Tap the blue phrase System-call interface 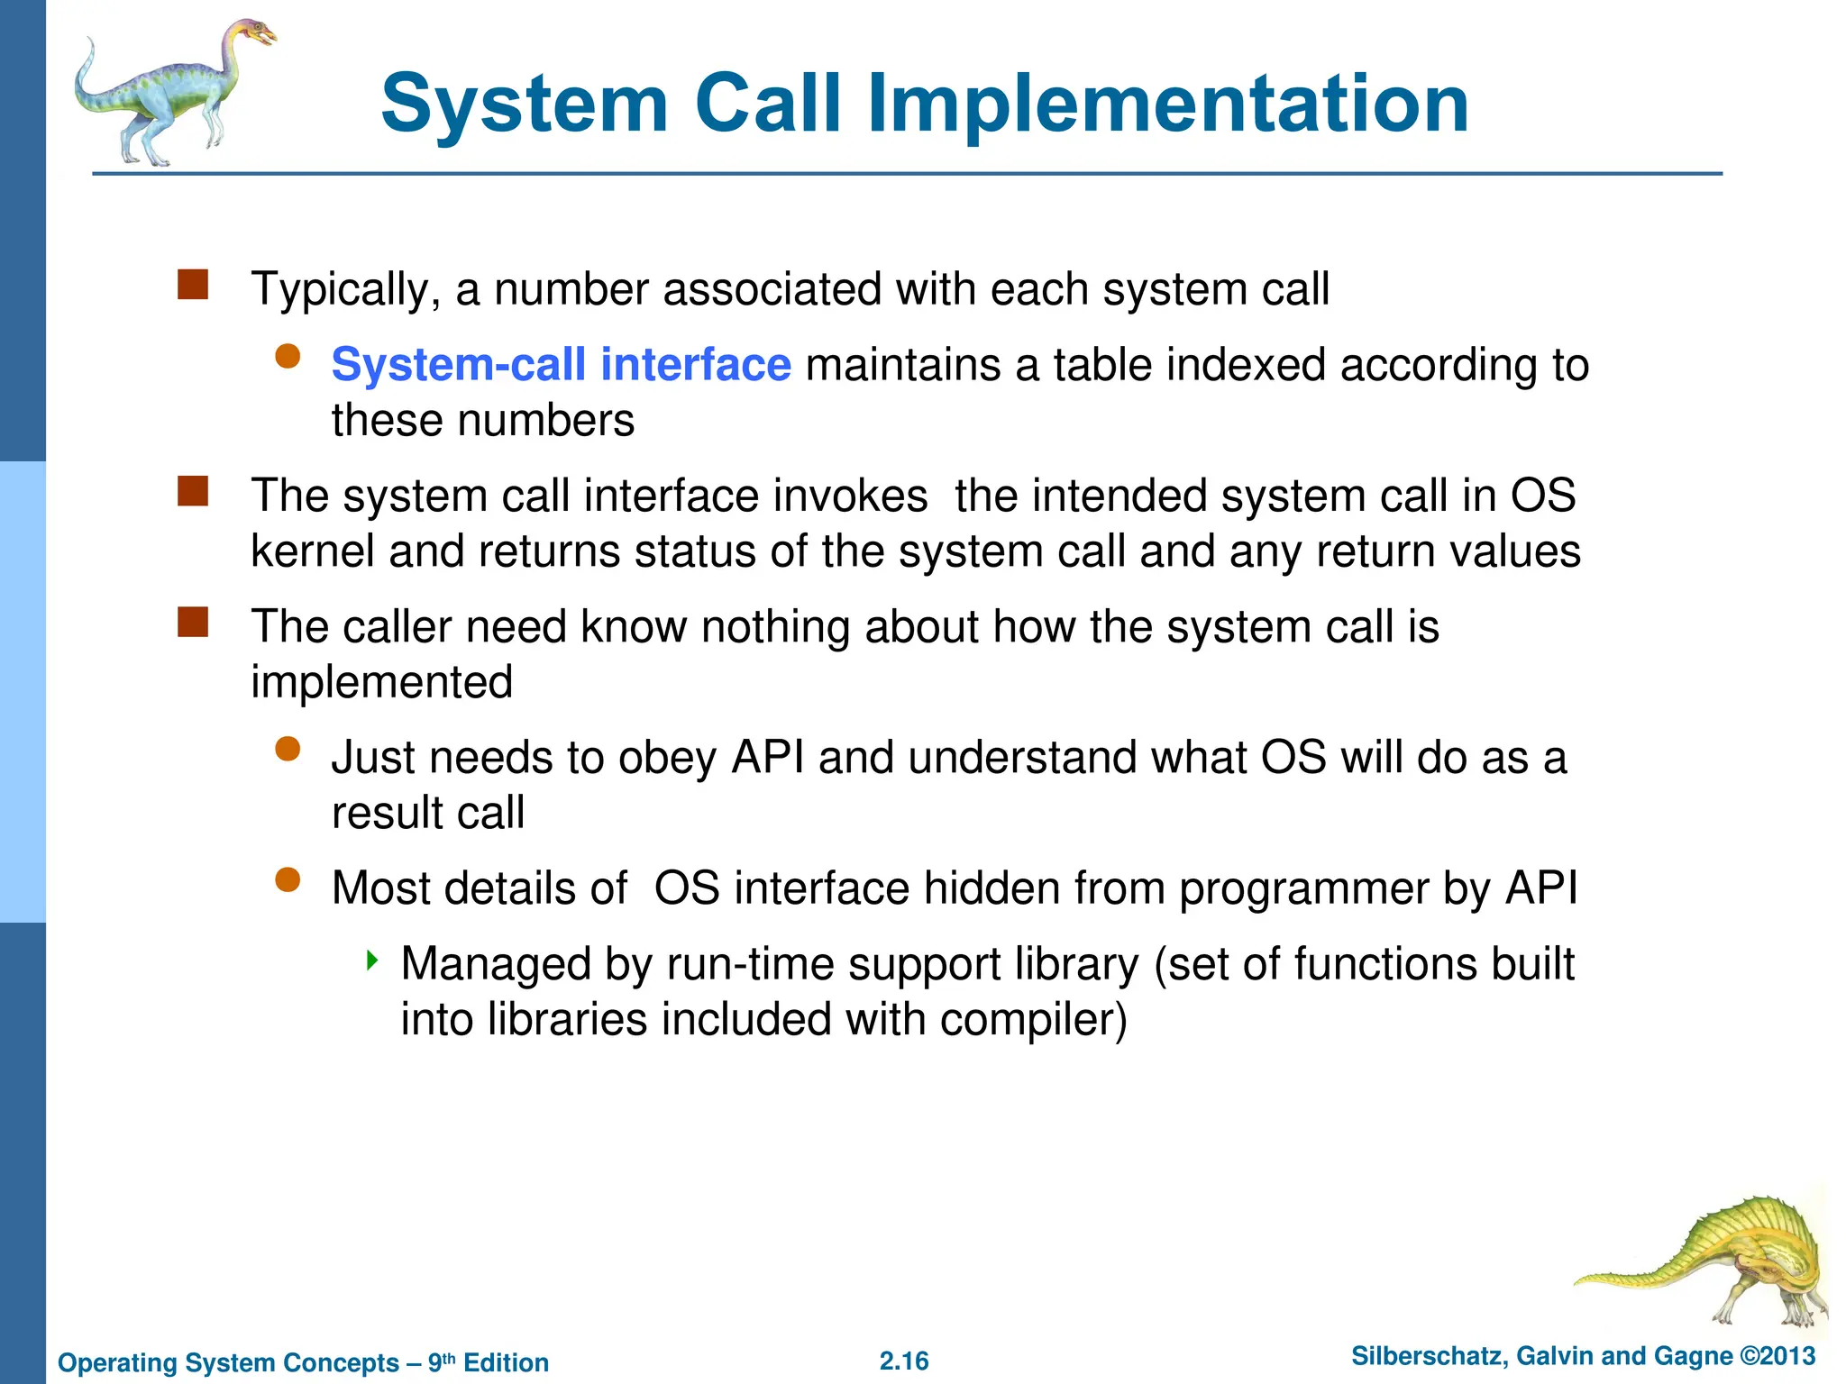click(x=561, y=365)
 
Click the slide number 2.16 click(x=904, y=1361)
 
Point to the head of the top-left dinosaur click(x=256, y=34)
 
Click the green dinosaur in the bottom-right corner click(x=1713, y=1261)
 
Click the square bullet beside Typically click(x=193, y=285)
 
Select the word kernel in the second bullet click(x=312, y=551)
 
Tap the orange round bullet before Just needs click(x=288, y=750)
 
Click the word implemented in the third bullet click(x=381, y=682)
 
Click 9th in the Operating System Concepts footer click(x=441, y=1361)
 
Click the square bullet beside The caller click(x=193, y=623)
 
